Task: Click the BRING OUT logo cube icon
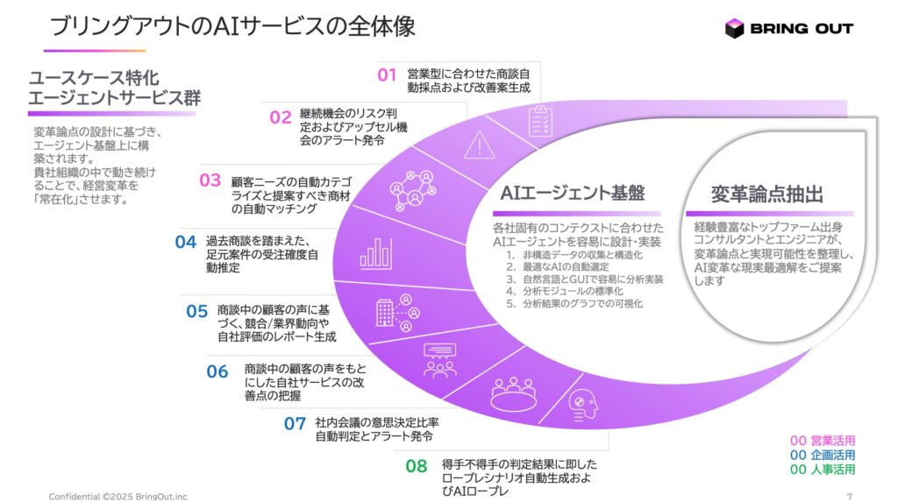coord(734,28)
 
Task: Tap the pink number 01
coord(388,74)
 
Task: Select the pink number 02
coord(280,117)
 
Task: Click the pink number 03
coord(210,180)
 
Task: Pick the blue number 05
coord(197,310)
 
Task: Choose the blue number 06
coord(217,371)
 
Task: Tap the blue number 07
coord(295,424)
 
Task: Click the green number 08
coord(417,466)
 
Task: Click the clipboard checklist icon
coord(539,123)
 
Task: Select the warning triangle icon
coord(479,145)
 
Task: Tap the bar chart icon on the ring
coord(375,253)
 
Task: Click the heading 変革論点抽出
coord(766,194)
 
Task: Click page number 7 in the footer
coord(850,496)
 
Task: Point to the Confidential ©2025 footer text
coord(118,496)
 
